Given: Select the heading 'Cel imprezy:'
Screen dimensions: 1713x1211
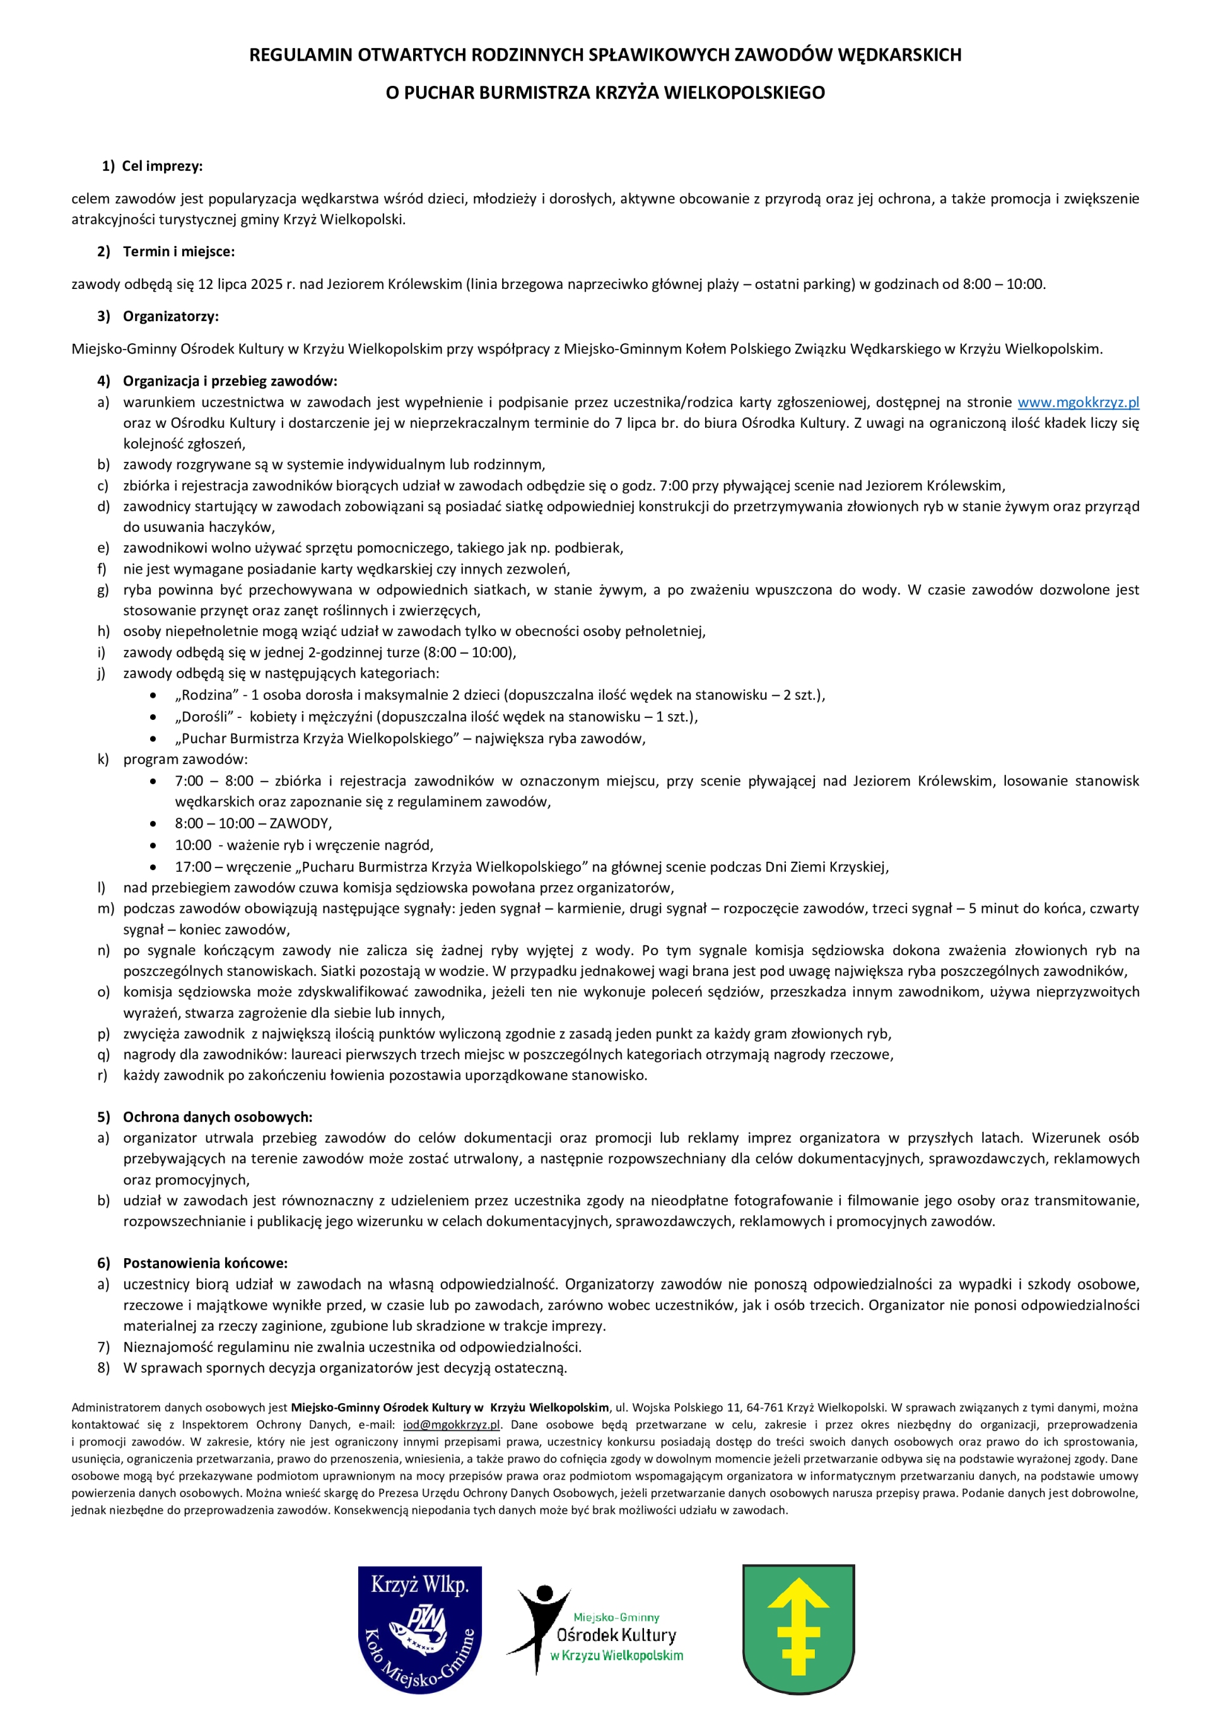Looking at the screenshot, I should click(x=162, y=166).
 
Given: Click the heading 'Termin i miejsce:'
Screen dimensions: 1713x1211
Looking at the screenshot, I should click(x=178, y=251).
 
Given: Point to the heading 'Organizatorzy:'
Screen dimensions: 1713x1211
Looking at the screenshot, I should click(x=171, y=316).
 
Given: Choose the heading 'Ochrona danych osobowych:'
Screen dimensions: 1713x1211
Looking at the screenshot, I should click(x=217, y=1117).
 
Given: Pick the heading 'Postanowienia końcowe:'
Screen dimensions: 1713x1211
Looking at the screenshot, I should click(x=205, y=1263).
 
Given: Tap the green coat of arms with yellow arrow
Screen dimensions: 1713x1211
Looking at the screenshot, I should click(x=798, y=1628).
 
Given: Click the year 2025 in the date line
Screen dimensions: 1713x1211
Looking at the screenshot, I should click(x=266, y=285).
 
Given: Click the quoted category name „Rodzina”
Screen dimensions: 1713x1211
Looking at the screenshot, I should click(x=206, y=695).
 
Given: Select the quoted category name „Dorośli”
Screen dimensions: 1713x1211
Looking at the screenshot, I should click(x=204, y=717).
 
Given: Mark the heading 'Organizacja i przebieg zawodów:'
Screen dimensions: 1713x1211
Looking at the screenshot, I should click(x=230, y=381).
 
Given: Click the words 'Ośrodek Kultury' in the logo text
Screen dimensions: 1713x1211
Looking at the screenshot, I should click(x=616, y=1635).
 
